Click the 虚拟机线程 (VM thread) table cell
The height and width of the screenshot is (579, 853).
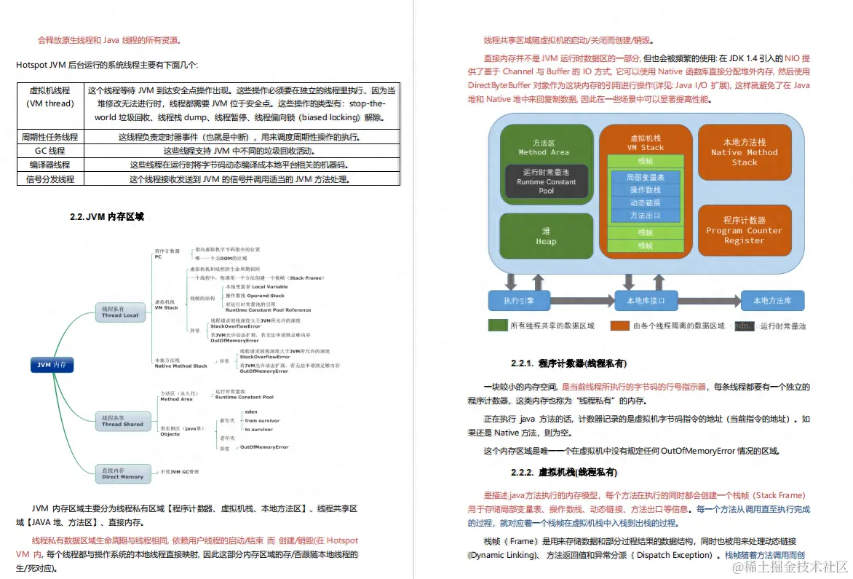coord(50,97)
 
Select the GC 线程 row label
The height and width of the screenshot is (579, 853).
coord(50,151)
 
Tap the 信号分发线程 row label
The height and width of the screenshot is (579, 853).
coord(50,178)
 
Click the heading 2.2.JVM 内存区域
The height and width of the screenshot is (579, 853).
coord(107,216)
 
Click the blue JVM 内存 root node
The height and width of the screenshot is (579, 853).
coord(52,365)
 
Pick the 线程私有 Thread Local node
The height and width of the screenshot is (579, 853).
coord(122,312)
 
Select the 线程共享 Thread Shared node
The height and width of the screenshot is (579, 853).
coord(123,421)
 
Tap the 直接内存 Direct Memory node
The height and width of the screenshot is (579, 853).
coord(123,474)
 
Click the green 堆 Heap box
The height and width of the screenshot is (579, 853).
coord(546,236)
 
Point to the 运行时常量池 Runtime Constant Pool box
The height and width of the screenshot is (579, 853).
coord(546,181)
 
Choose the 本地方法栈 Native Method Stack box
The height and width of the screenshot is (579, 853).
coord(744,152)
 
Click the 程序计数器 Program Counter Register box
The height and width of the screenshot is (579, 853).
coord(744,230)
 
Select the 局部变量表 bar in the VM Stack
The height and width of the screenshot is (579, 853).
coord(645,177)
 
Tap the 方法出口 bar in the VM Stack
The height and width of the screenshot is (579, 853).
coord(645,216)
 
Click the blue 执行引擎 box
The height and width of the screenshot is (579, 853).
coord(518,300)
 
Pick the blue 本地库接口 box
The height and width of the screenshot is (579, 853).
coord(635,300)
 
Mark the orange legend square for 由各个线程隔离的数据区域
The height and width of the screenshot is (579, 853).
coord(619,326)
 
